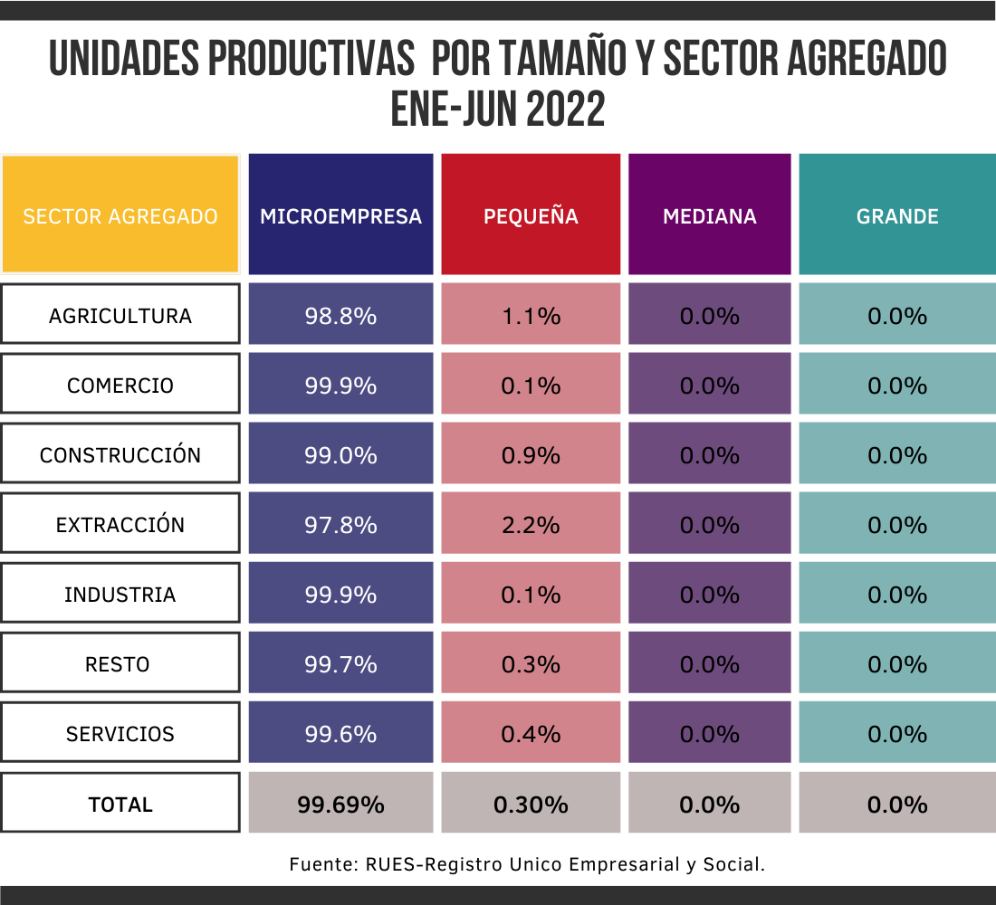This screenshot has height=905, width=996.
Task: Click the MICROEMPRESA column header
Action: (340, 216)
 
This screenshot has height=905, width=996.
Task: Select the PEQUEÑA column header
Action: (531, 216)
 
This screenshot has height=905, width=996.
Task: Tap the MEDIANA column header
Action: (709, 216)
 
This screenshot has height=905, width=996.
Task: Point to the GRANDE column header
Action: (897, 216)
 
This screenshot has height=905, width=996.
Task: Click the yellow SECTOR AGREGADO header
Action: (120, 216)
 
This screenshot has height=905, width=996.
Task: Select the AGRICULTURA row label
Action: (120, 316)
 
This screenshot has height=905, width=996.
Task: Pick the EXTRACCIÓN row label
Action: (120, 525)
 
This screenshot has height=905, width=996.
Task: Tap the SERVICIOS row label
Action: (120, 734)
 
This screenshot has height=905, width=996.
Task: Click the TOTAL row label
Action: (120, 805)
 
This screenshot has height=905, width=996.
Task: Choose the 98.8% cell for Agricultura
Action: (340, 316)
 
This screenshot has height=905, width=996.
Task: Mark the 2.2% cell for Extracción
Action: (531, 525)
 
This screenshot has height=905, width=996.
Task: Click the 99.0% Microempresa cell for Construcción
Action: (340, 455)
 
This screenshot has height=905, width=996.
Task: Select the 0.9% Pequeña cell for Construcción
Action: (531, 455)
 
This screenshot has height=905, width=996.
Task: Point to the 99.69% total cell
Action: (340, 805)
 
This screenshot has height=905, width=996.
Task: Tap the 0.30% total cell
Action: (531, 805)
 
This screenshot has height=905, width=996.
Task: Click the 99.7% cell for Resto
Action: (340, 664)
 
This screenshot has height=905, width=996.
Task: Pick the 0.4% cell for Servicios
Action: (531, 734)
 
